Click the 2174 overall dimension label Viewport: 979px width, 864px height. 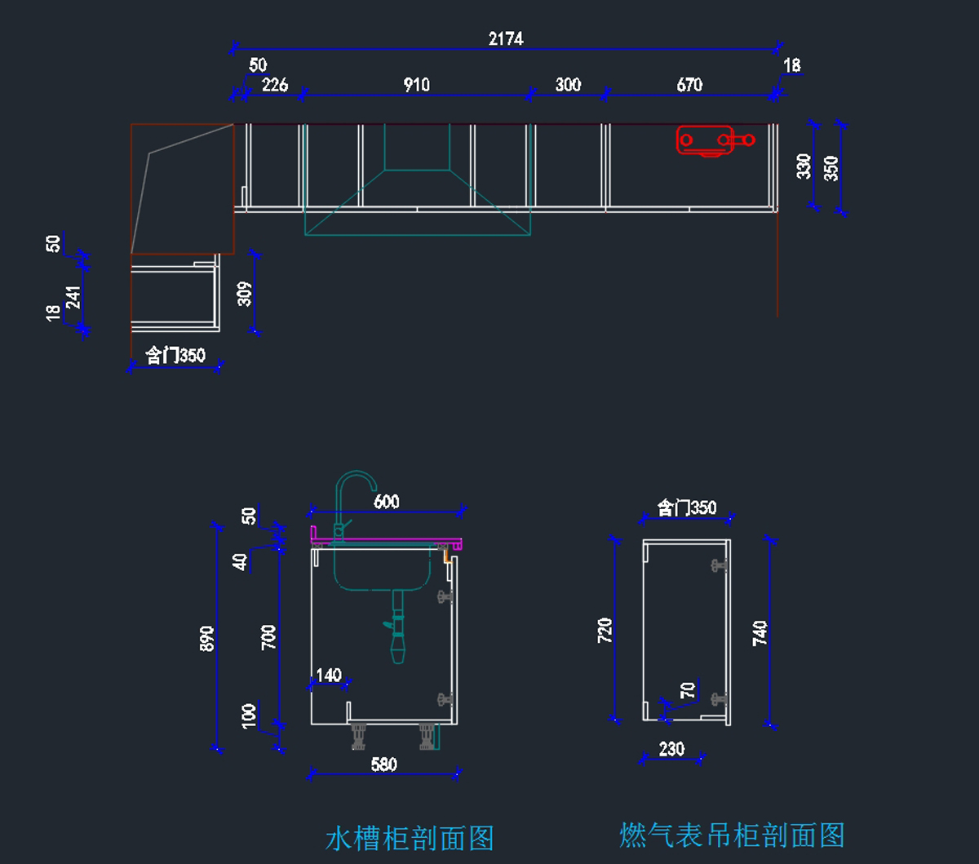(506, 38)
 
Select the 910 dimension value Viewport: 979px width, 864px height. (416, 85)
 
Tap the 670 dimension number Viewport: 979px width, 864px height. (689, 85)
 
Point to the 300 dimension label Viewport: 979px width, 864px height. (568, 85)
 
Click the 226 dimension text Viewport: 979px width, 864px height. (274, 85)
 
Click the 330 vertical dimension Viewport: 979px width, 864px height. (804, 166)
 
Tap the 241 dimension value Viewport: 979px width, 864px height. (73, 298)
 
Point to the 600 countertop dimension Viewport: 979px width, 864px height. (387, 501)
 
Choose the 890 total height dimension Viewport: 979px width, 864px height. (207, 638)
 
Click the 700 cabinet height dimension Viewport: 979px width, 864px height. (269, 637)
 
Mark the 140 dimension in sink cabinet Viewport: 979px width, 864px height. (328, 676)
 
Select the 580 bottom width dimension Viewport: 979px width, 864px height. (383, 764)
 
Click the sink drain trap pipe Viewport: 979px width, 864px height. (397, 628)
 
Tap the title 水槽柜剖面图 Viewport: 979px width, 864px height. (410, 838)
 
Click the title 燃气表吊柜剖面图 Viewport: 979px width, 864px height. (732, 835)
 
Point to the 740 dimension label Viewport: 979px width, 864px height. (760, 634)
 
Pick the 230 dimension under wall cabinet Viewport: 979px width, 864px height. (671, 749)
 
